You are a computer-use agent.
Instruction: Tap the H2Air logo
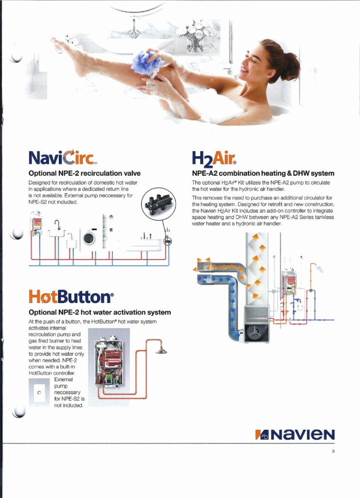[x=214, y=159]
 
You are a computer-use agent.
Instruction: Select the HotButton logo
[x=71, y=297]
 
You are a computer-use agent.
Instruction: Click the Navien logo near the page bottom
[x=294, y=434]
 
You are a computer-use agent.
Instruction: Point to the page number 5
[x=333, y=451]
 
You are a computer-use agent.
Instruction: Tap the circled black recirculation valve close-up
[x=158, y=203]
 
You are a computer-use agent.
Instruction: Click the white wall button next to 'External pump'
[x=39, y=392]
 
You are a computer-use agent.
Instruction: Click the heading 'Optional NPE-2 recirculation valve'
[x=85, y=174]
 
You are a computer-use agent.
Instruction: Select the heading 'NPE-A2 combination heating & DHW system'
[x=263, y=174]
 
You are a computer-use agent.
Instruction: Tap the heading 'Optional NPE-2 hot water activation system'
[x=100, y=313]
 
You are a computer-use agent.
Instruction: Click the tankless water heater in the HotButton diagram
[x=109, y=362]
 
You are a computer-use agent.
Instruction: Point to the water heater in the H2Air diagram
[x=289, y=281]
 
